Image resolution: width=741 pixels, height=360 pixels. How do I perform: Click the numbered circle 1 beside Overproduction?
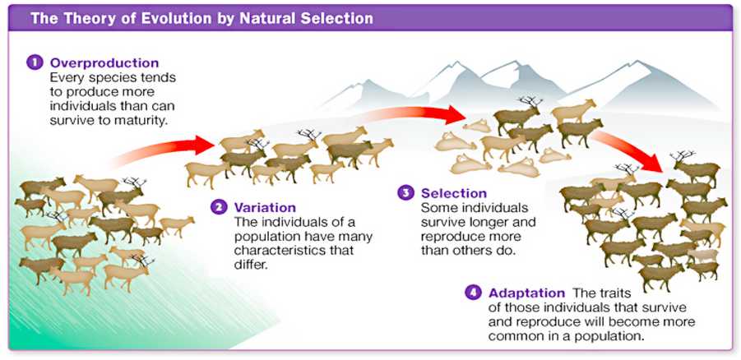click(35, 63)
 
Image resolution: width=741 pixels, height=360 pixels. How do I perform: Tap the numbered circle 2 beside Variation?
click(220, 207)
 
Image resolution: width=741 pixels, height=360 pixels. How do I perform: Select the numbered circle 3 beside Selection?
click(405, 193)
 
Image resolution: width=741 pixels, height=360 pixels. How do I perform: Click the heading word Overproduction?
click(104, 63)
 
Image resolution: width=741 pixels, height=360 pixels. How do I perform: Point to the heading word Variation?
click(265, 207)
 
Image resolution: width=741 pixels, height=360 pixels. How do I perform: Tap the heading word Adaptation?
click(526, 293)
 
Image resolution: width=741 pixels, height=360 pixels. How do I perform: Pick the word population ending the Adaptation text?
click(606, 337)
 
